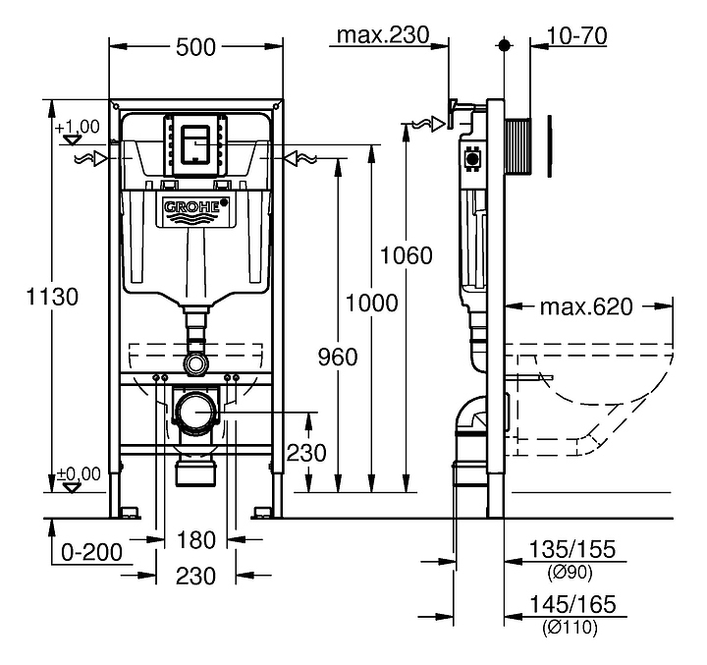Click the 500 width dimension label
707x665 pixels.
coord(195,45)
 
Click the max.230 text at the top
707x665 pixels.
coord(384,36)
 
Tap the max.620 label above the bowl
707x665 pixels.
coord(586,306)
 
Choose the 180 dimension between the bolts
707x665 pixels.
coord(195,539)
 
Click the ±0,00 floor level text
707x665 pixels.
coord(78,473)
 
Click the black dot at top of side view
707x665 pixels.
coord(505,45)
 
